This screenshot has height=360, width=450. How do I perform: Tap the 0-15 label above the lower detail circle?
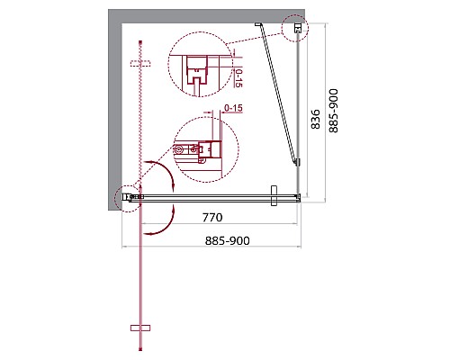[232, 110]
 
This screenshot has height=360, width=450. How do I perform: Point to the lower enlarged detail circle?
[203, 150]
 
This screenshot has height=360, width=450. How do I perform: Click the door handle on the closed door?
[274, 196]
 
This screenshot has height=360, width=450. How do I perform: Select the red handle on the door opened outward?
[138, 327]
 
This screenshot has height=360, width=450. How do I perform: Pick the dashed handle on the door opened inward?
[138, 63]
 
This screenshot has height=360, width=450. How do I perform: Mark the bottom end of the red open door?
[139, 351]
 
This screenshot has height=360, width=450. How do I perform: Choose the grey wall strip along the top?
[207, 15]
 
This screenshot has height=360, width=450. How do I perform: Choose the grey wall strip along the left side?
[114, 108]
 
